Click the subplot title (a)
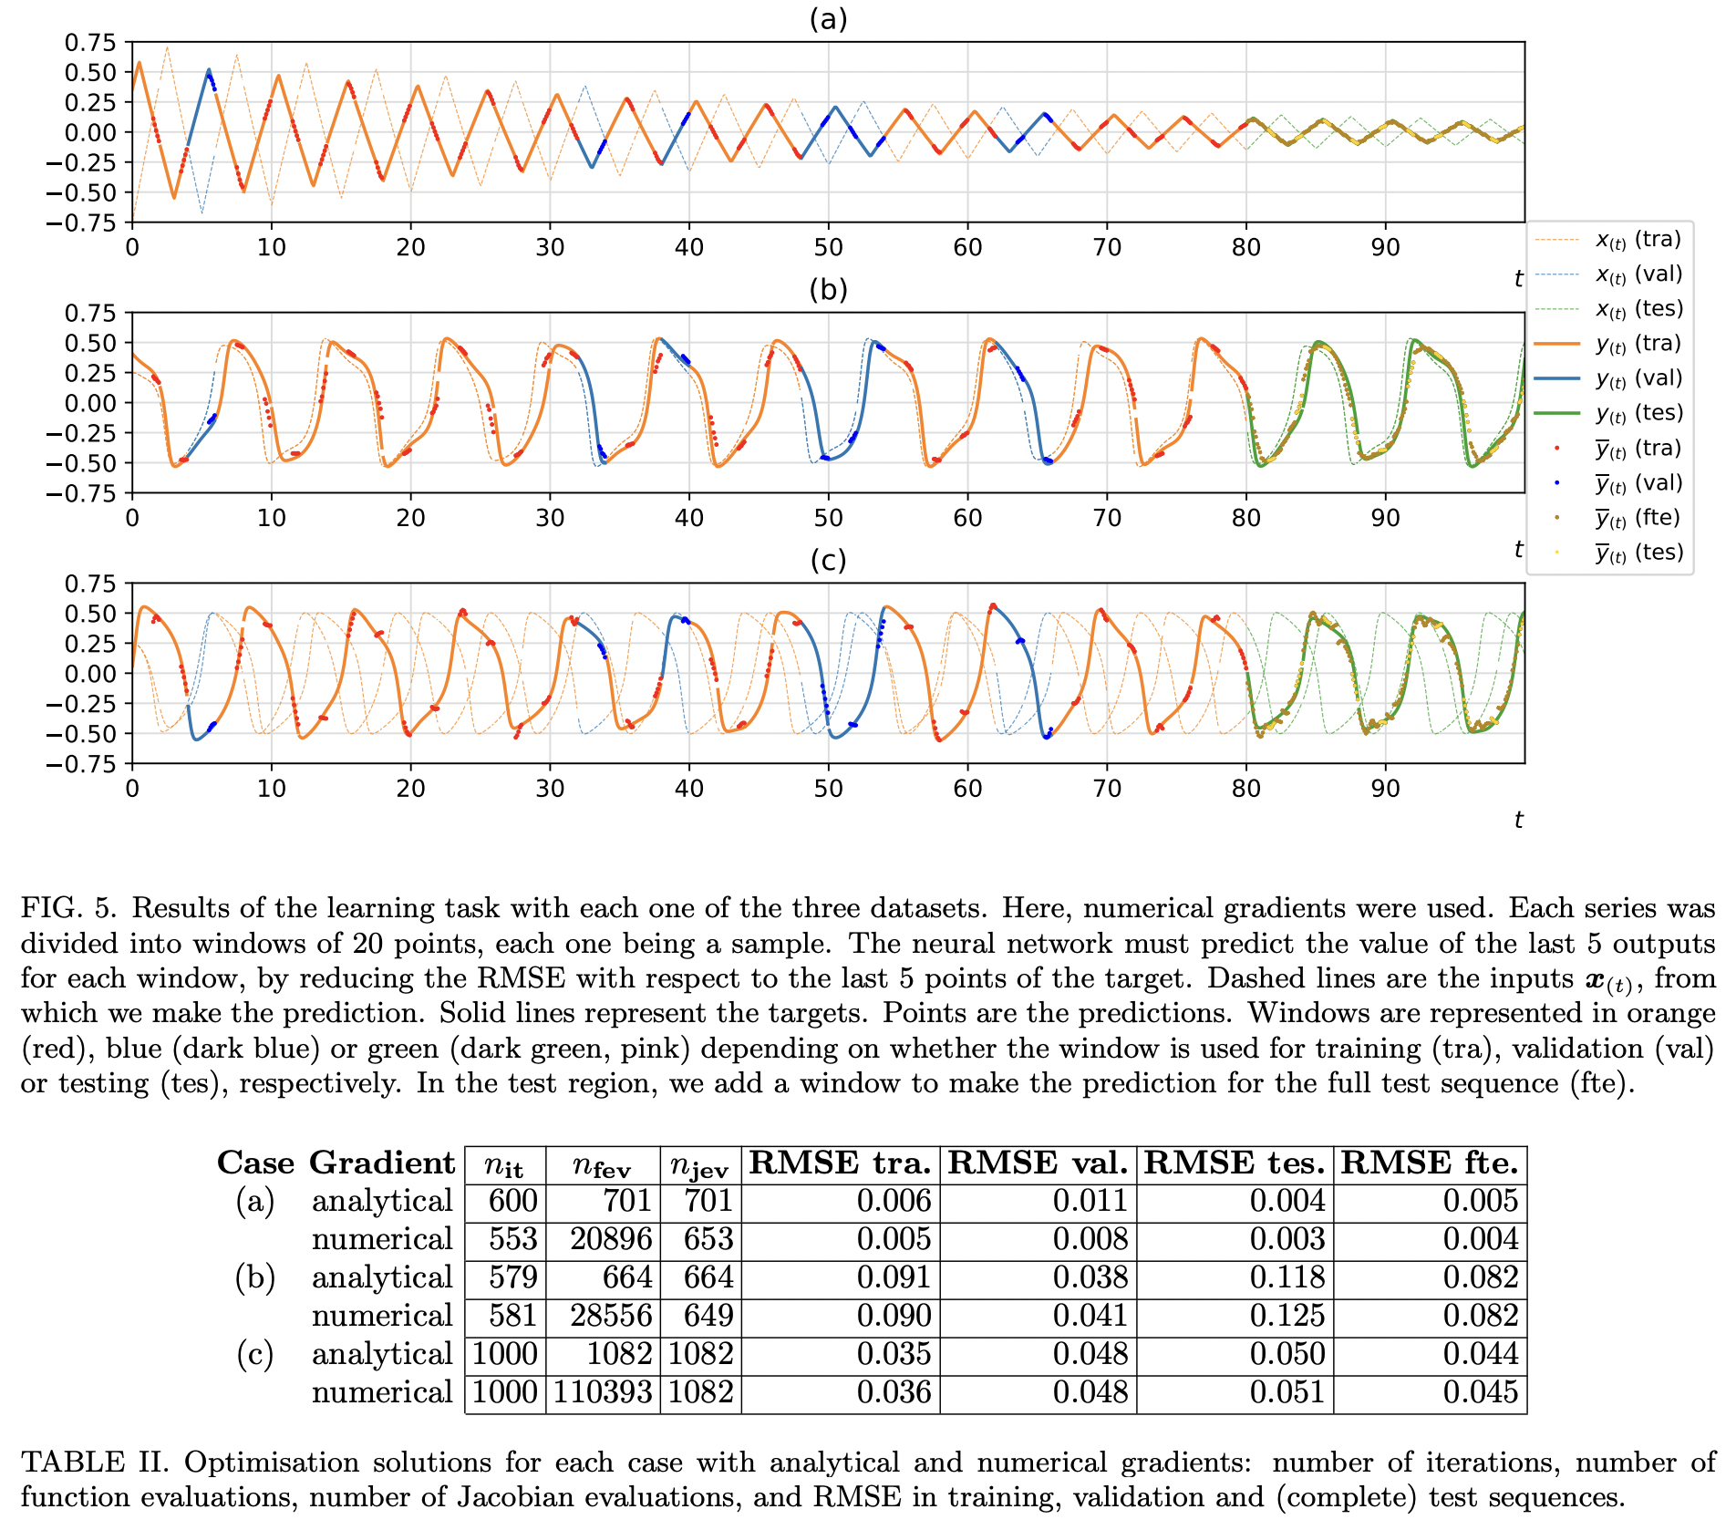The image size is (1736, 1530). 828,19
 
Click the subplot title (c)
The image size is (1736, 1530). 828,560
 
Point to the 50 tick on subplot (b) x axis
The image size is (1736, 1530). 828,518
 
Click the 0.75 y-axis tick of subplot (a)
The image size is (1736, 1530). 90,43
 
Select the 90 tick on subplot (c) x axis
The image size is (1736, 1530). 1385,788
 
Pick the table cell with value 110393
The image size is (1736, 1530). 603,1391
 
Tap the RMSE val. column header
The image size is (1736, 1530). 1038,1163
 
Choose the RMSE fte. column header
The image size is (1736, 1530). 1429,1163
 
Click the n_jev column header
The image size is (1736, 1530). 699,1165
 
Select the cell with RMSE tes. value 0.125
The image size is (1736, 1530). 1287,1315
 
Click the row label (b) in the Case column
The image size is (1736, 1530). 255,1277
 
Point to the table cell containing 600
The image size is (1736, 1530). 512,1200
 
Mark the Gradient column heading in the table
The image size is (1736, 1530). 382,1163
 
